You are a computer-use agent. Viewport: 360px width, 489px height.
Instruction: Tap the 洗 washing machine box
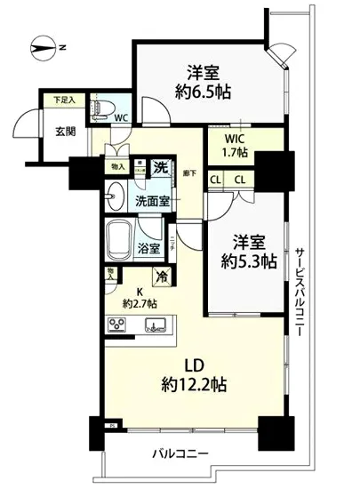click(160, 165)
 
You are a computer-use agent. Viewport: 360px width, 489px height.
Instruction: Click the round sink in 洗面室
click(113, 195)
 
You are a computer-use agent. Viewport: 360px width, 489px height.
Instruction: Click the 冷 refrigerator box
click(161, 276)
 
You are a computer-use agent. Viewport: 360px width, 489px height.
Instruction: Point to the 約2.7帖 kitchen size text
click(136, 303)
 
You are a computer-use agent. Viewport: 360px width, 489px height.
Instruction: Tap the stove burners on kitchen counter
click(118, 325)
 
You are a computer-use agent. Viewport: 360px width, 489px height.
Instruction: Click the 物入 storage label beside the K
click(109, 273)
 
